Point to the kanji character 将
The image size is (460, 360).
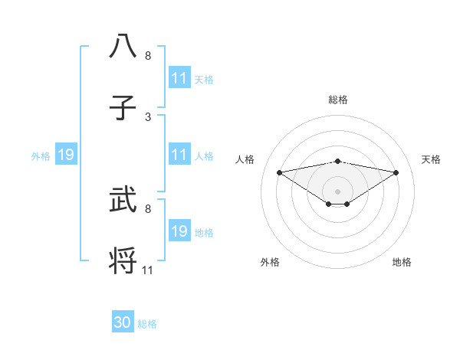123,260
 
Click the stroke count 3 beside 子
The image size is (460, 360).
148,117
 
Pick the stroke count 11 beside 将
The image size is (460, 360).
148,270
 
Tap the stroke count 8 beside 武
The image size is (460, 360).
148,208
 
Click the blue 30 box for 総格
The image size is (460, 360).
123,323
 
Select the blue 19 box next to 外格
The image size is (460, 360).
65,155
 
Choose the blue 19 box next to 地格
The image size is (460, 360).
179,231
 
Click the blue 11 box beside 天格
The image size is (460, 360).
179,78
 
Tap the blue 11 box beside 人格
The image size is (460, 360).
179,155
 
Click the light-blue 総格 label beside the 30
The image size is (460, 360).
147,324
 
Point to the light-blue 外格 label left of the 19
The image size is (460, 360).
41,156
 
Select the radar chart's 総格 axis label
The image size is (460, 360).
337,100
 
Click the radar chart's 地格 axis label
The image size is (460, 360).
402,262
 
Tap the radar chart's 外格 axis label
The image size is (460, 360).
270,262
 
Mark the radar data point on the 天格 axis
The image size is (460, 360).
396,172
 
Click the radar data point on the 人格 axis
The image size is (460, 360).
280,172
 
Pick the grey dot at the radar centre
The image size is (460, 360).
337,191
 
